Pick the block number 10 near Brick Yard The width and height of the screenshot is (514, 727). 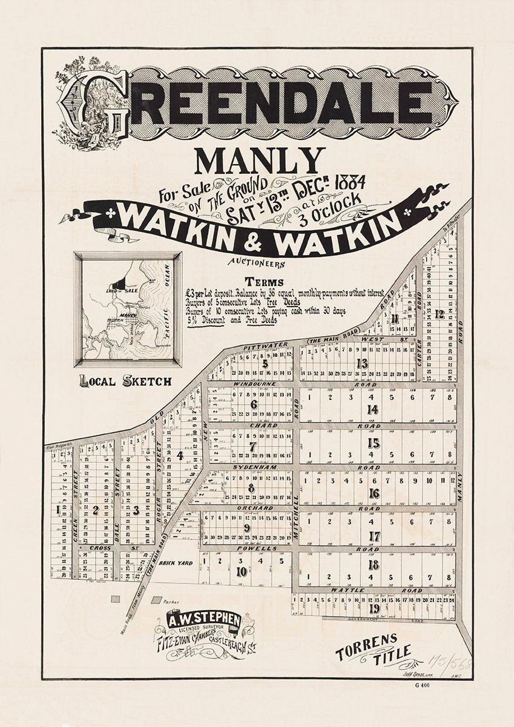coord(242,571)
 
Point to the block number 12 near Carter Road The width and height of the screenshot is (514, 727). coord(439,314)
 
